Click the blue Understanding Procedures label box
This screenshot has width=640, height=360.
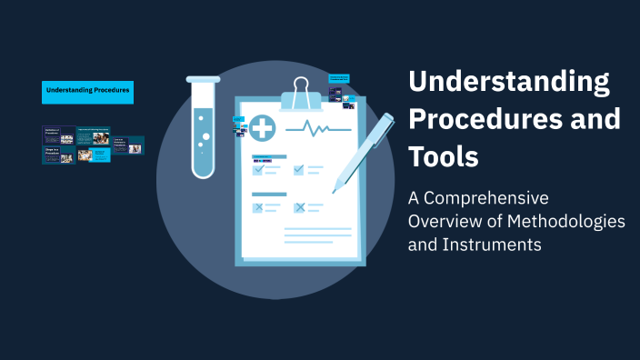(87, 91)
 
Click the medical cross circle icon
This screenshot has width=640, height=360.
(264, 128)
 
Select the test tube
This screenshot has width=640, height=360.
(201, 127)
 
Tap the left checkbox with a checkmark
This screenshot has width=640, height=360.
(258, 169)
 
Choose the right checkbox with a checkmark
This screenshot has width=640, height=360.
(299, 169)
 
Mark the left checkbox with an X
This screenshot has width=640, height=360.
(258, 208)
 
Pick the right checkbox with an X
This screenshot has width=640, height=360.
(299, 208)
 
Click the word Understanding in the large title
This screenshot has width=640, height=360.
(509, 82)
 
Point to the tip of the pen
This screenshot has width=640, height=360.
(335, 191)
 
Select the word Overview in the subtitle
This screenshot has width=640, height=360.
(441, 222)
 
